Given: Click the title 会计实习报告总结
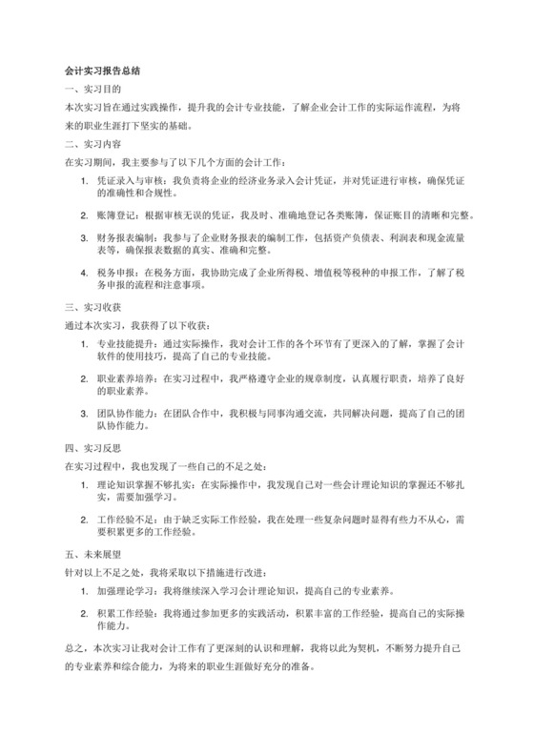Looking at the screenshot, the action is [103, 71].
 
